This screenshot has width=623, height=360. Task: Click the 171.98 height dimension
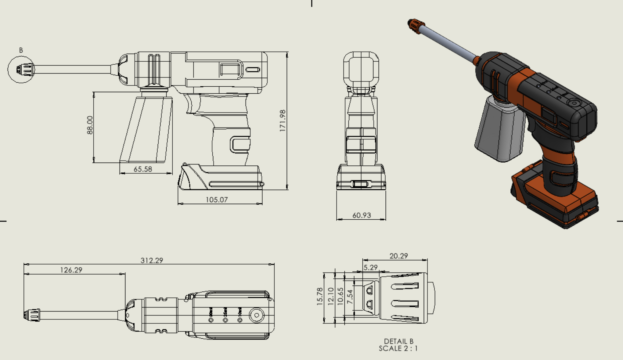pos(283,121)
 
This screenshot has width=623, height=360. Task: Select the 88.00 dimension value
pos(90,125)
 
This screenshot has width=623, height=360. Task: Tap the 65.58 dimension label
pos(143,169)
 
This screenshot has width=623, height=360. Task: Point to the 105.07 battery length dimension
pos(217,200)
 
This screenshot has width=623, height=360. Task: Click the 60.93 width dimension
pos(362,215)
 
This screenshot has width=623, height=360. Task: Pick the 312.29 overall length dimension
pos(152,260)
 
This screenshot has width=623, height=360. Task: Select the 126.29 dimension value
pos(71,270)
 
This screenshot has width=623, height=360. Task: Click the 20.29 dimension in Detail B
pos(398,256)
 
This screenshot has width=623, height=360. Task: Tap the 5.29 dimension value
pos(371,268)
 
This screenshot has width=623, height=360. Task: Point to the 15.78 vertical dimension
pos(319,296)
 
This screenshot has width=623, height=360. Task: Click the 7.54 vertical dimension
pos(350,297)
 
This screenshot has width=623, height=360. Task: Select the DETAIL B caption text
pos(398,341)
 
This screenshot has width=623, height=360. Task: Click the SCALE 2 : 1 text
pos(398,348)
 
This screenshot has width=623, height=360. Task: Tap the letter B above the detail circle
pos(21,50)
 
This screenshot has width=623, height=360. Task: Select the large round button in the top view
pos(257,315)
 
